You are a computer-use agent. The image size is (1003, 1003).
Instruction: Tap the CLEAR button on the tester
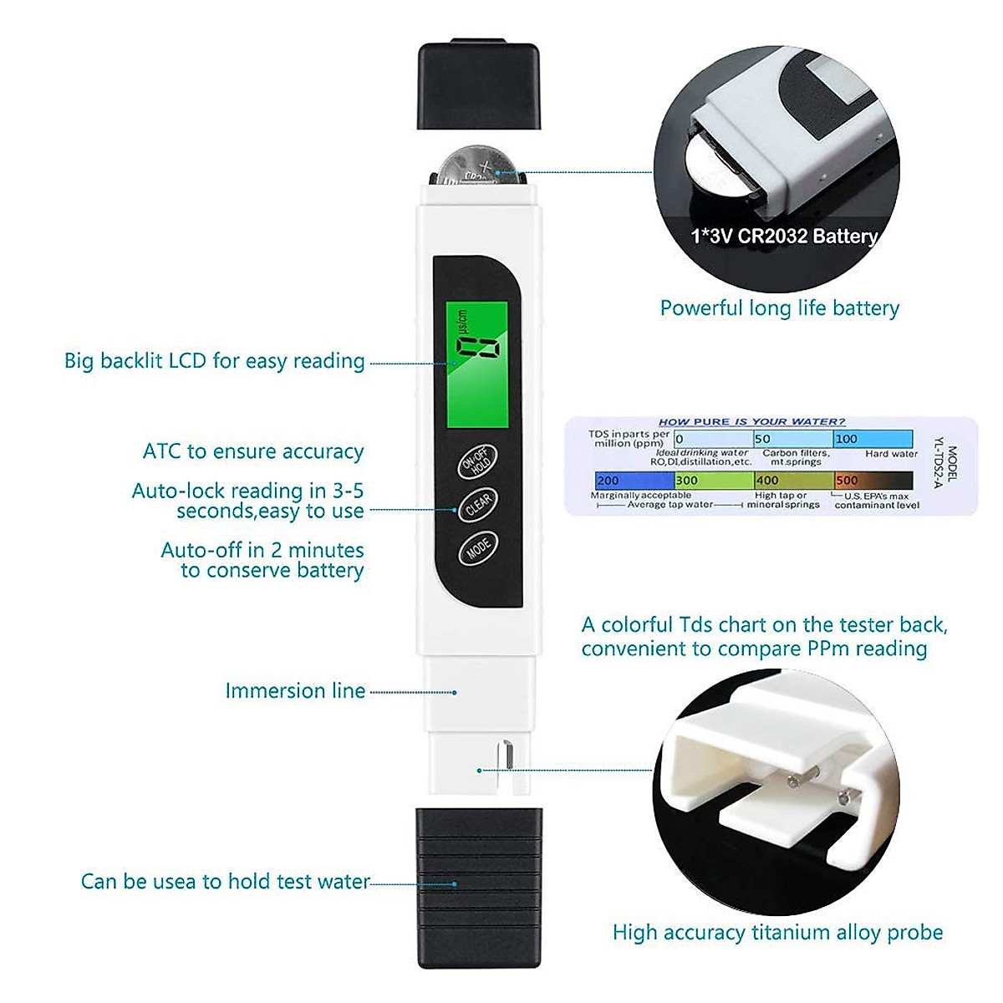[478, 506]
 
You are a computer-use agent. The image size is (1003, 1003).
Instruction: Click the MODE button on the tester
[478, 548]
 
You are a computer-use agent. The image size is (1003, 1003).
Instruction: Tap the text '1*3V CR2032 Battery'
[784, 237]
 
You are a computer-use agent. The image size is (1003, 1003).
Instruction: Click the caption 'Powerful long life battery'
[779, 308]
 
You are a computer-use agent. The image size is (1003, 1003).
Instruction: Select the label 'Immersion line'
[295, 691]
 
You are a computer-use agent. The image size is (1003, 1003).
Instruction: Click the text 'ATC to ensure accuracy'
[253, 452]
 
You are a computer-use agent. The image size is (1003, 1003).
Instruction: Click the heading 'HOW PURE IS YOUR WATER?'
[751, 422]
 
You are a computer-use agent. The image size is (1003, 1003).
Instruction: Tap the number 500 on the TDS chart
[847, 481]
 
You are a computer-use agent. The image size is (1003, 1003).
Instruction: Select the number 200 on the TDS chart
[608, 481]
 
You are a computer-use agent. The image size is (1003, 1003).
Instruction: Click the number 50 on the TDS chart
[762, 439]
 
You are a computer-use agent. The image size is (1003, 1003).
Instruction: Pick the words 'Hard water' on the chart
[891, 454]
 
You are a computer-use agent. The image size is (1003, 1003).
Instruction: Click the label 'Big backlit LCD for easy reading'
[215, 361]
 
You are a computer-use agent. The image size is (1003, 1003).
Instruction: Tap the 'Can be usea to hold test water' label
[225, 882]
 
